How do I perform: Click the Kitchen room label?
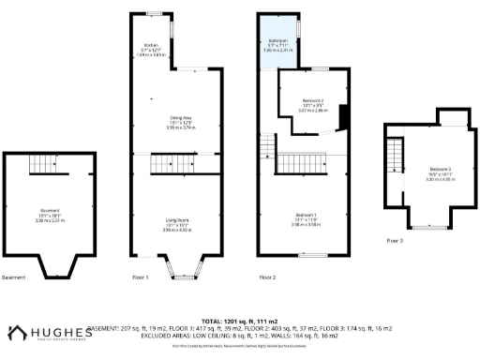point(150,45)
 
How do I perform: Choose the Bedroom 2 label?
point(313,100)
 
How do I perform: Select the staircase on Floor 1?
point(176,165)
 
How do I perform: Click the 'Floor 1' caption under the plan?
point(141,277)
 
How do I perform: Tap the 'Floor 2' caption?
point(268,277)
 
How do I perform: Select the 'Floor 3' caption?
point(395,241)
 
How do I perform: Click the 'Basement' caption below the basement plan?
point(14,277)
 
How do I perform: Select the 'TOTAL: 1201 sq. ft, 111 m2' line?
point(240,320)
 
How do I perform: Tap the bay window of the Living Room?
point(176,271)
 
